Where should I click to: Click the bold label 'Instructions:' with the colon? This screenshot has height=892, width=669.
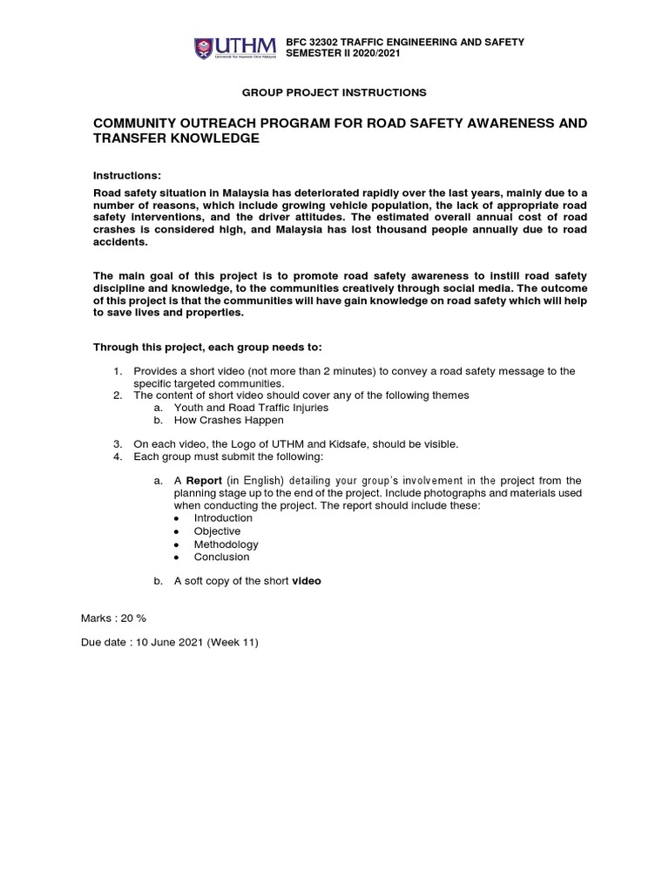pos(127,175)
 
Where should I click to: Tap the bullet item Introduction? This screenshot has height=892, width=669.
pos(223,517)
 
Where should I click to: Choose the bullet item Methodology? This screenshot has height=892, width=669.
pos(226,544)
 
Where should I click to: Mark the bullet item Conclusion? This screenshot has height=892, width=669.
pos(221,557)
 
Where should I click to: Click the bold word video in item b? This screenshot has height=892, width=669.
pos(306,581)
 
